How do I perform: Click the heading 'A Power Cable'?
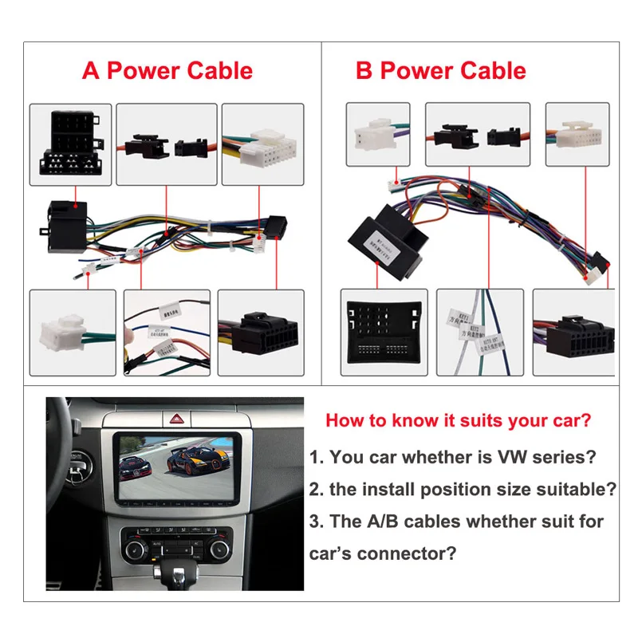167,70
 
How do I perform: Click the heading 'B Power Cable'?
440,70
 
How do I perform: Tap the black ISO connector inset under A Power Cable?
69,140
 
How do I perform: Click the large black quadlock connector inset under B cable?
384,332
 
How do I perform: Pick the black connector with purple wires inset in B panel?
574,332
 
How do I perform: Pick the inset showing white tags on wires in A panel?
167,332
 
